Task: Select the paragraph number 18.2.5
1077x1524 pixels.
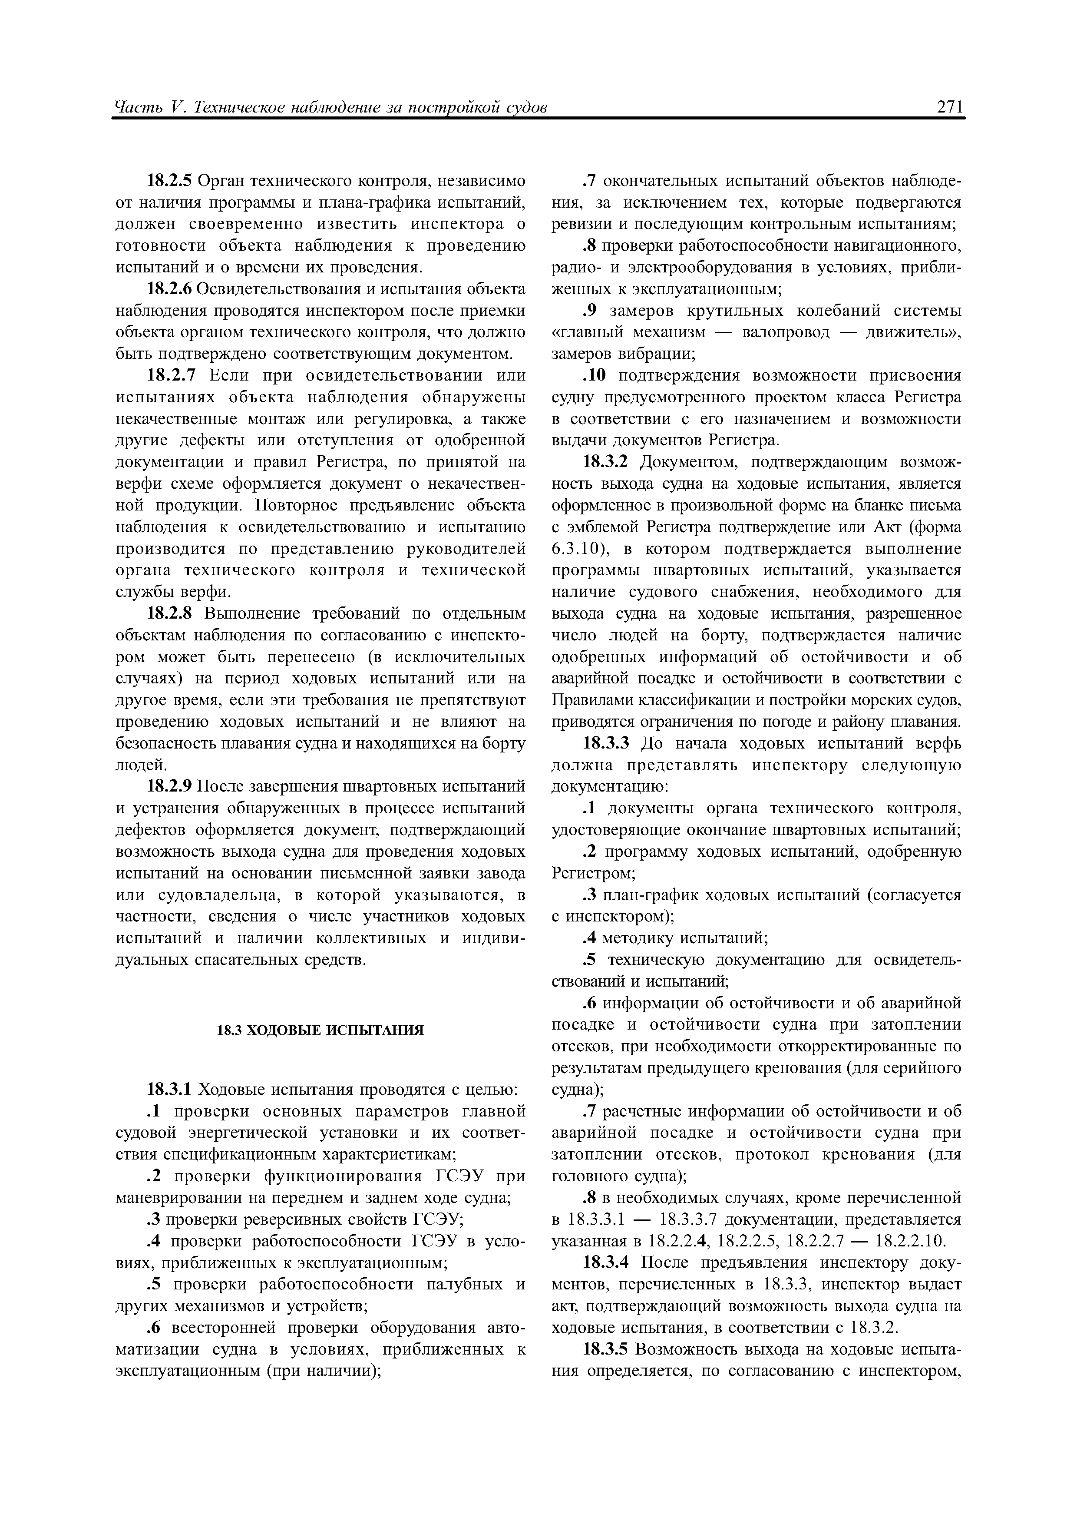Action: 168,181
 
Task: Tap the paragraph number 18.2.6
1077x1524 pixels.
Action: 168,289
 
